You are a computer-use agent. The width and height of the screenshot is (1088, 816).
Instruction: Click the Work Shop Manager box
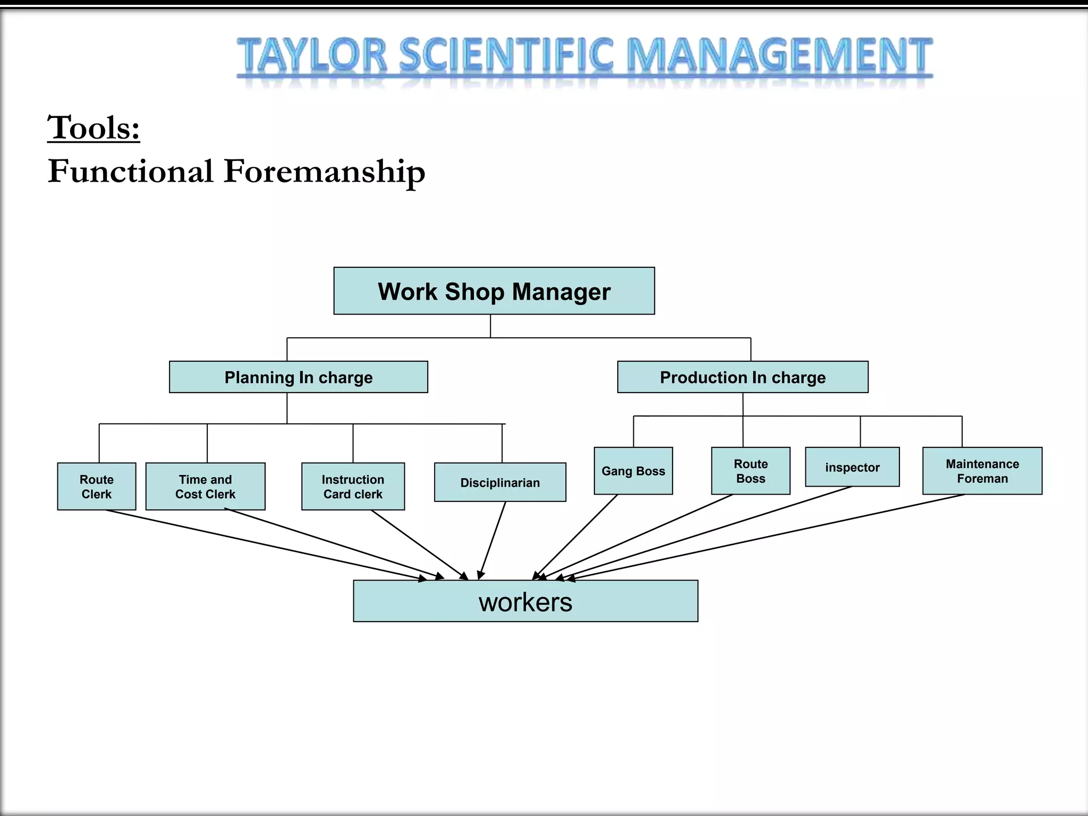click(x=494, y=291)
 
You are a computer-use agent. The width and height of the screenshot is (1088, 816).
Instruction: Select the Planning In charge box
click(x=298, y=377)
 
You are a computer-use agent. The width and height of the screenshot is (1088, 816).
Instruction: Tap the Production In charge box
click(x=742, y=377)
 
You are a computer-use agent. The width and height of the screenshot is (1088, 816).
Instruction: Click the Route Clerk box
click(x=96, y=487)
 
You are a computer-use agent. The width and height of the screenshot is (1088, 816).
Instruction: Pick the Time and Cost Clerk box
click(x=205, y=487)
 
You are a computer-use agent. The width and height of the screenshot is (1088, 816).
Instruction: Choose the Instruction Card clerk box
click(x=353, y=487)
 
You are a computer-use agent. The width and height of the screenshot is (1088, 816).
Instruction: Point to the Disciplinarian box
click(x=499, y=482)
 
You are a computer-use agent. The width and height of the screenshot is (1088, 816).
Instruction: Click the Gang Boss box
click(x=633, y=471)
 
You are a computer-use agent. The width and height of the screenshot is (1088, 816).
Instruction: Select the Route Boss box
click(x=750, y=471)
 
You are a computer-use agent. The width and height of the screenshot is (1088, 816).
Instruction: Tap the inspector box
click(x=852, y=467)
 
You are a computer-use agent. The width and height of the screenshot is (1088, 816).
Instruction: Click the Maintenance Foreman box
click(x=982, y=471)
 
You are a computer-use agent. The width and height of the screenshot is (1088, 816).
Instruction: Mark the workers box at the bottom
click(x=525, y=601)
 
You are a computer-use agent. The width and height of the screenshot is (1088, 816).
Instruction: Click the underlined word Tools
click(x=93, y=128)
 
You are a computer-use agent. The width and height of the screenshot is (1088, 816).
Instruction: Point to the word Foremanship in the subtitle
click(x=324, y=172)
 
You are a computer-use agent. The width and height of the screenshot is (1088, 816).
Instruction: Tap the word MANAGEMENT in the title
click(x=779, y=55)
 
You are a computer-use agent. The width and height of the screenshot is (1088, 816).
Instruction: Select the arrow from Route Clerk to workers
click(x=266, y=545)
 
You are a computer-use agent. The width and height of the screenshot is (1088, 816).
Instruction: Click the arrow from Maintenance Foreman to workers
click(x=765, y=537)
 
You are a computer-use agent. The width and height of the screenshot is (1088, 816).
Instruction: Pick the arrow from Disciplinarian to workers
click(x=492, y=540)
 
